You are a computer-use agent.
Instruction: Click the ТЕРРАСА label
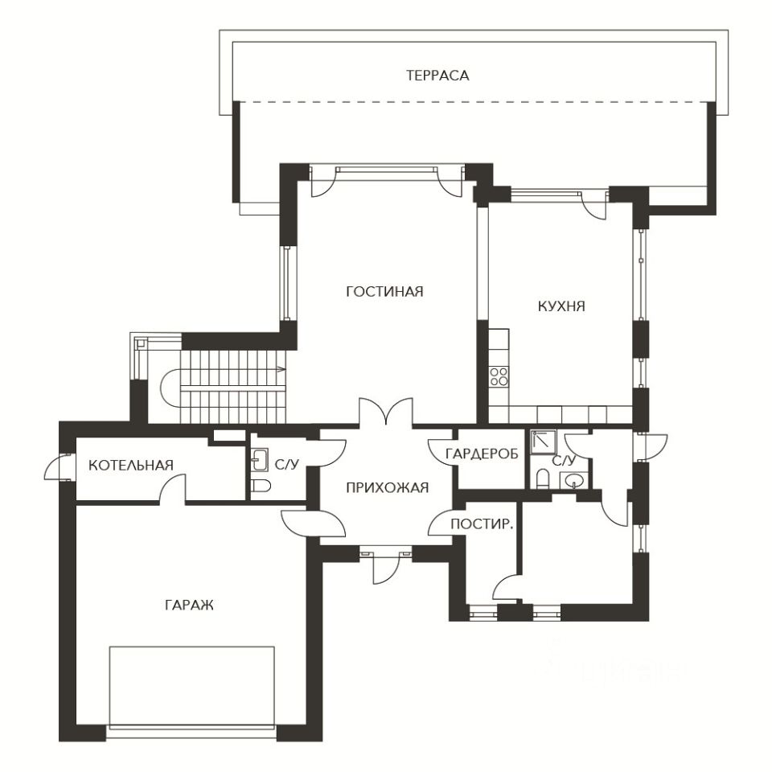437,76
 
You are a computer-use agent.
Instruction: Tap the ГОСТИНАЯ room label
384,291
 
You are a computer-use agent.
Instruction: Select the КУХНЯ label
561,306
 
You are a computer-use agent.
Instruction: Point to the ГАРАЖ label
190,605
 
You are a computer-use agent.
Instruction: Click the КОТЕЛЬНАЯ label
131,466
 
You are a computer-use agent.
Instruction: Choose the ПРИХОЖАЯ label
388,488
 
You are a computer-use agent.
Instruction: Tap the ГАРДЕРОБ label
482,454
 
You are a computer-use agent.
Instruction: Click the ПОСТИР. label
482,524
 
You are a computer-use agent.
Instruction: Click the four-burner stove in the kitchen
499,376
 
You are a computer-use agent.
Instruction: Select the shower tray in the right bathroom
544,442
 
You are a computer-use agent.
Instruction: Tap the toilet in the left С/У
261,487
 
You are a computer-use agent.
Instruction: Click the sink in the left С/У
260,460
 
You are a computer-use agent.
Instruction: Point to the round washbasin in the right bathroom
574,479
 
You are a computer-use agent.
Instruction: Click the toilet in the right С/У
542,478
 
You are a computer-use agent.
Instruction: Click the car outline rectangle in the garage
191,687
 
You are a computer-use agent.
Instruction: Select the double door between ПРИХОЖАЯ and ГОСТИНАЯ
386,412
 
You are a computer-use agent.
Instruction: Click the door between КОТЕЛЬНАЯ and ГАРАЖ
172,489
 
